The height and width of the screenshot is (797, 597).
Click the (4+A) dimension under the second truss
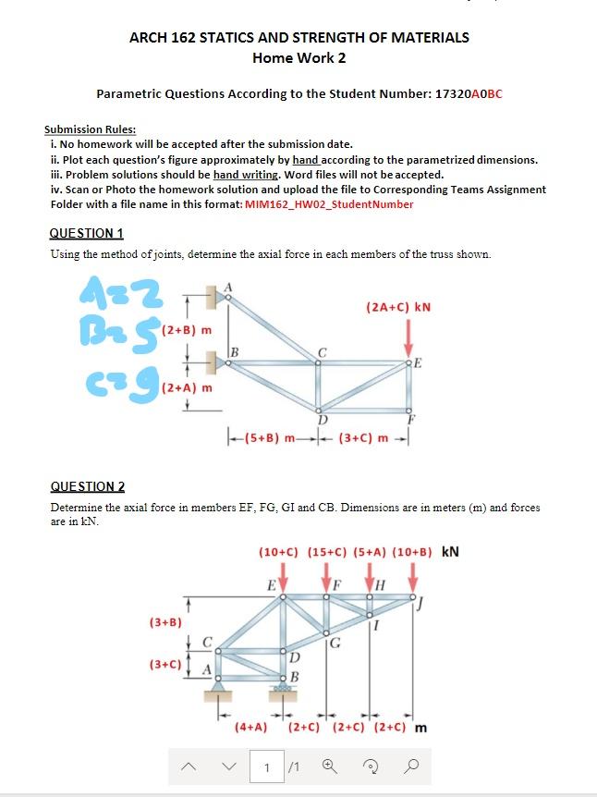coord(251,727)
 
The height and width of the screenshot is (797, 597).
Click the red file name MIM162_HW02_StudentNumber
coord(328,204)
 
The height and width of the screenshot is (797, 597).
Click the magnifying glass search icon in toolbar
coord(412,766)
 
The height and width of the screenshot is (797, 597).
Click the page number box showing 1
coord(267,766)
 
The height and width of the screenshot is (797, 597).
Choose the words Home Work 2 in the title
coord(298,58)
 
